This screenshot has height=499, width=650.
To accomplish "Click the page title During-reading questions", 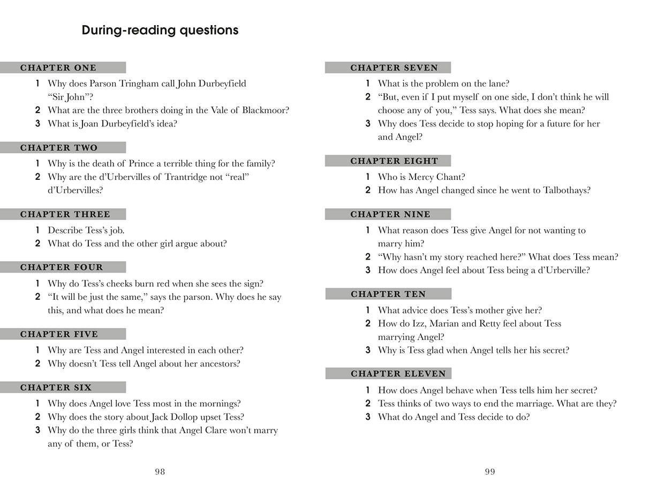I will click(160, 31).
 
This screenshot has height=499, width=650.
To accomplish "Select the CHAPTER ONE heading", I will click(58, 68).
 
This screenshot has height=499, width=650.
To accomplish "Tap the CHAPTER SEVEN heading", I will click(394, 68).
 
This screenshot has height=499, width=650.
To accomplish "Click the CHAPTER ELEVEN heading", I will click(398, 374).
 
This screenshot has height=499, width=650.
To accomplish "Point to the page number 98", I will click(160, 472).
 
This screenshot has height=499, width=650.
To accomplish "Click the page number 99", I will click(490, 472).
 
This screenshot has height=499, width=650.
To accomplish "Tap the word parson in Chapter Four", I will click(208, 297).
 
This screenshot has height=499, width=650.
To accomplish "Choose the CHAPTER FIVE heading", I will click(59, 334).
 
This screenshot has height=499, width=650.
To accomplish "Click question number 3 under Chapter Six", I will click(37, 430).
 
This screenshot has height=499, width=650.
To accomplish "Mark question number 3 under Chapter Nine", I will click(368, 270).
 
